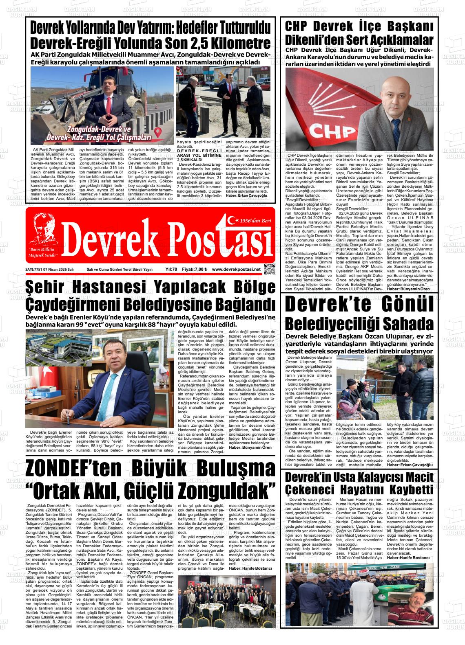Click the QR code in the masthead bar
(x=269, y=270)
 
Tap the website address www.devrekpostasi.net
(x=236, y=270)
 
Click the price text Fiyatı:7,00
(x=194, y=270)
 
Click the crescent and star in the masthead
(x=233, y=220)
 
